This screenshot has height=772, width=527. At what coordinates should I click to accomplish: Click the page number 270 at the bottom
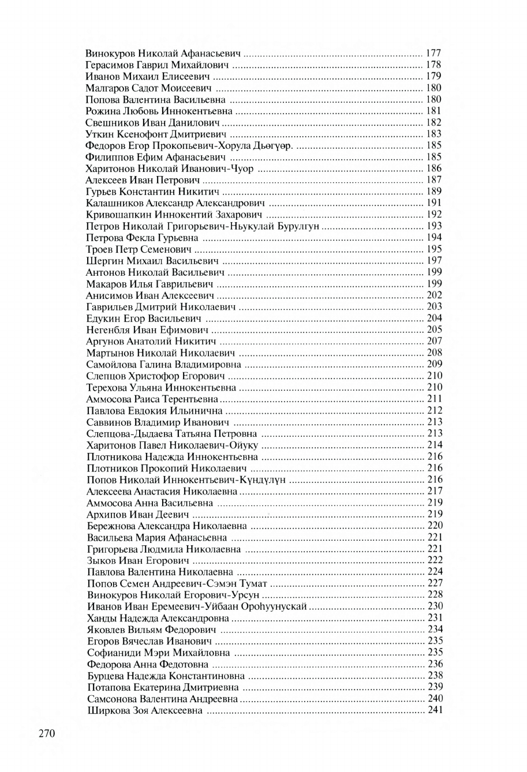click(x=46, y=734)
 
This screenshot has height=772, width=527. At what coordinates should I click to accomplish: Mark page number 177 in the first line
click(x=433, y=53)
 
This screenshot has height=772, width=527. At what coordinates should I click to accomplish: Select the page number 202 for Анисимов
click(x=434, y=295)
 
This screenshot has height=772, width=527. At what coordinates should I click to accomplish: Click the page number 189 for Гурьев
click(x=433, y=192)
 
